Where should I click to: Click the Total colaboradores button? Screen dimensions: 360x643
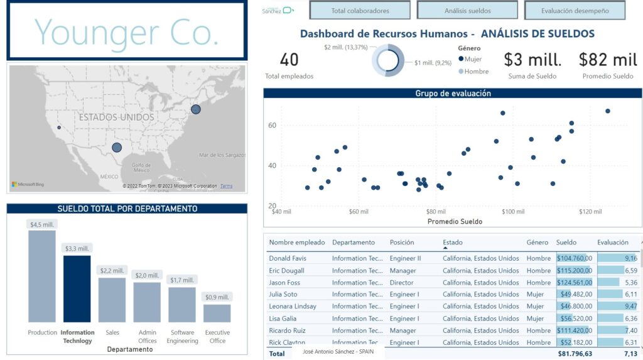(x=360, y=11)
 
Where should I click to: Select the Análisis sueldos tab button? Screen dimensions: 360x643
(x=467, y=11)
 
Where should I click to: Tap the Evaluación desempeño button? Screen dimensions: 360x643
(x=575, y=11)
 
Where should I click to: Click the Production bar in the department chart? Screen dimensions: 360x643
(x=42, y=276)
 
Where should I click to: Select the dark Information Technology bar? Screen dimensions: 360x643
(x=77, y=289)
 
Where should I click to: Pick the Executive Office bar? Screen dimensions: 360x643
(x=217, y=313)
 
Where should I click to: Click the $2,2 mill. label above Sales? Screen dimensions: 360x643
(x=112, y=271)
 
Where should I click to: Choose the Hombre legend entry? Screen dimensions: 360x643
(x=474, y=72)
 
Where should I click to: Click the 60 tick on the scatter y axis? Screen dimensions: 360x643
(x=273, y=126)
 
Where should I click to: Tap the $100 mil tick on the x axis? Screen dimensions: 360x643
(x=512, y=212)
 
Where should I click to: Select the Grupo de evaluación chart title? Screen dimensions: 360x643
(x=453, y=94)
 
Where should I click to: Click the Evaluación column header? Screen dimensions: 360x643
(x=613, y=242)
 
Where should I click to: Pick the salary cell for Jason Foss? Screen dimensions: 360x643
(x=575, y=283)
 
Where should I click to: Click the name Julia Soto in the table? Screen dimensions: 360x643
(x=283, y=295)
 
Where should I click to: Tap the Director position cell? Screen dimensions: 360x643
(x=402, y=283)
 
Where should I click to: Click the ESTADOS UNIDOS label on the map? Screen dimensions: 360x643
(x=116, y=117)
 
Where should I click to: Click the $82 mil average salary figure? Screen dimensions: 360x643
(x=607, y=60)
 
